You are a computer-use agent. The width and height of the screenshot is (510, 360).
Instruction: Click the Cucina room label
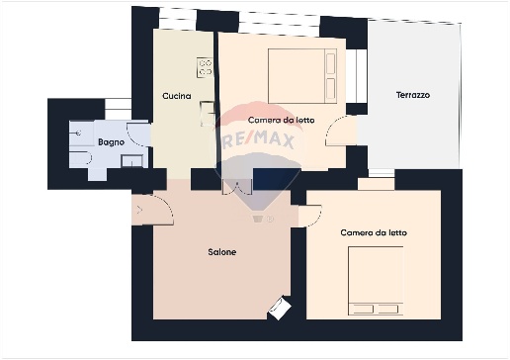coord(177,96)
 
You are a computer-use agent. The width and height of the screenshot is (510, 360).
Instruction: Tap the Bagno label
coord(111,142)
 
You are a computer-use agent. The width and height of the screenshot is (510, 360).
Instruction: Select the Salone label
coord(222,252)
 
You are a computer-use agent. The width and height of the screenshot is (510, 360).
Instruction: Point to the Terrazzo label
coord(413,95)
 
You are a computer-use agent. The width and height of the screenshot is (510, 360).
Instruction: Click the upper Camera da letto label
coord(281,120)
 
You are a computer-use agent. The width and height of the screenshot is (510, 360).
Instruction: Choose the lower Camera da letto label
coord(374,232)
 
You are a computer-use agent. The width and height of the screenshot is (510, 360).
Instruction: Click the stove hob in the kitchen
coord(205,67)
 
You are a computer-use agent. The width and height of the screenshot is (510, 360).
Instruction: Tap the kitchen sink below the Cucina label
coord(208,114)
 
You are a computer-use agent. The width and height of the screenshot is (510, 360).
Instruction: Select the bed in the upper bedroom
coord(302,76)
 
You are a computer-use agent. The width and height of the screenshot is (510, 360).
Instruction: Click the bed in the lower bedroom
coord(376,281)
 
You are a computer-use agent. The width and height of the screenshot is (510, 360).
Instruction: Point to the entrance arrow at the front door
coord(139,210)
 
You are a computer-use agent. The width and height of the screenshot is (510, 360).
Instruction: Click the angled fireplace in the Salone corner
coord(280,308)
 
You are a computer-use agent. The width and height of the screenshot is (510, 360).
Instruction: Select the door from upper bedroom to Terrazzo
coord(337,132)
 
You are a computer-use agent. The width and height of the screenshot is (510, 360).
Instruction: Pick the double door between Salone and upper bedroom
coord(237,187)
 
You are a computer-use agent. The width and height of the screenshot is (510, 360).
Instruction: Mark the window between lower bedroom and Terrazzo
coord(382,173)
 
